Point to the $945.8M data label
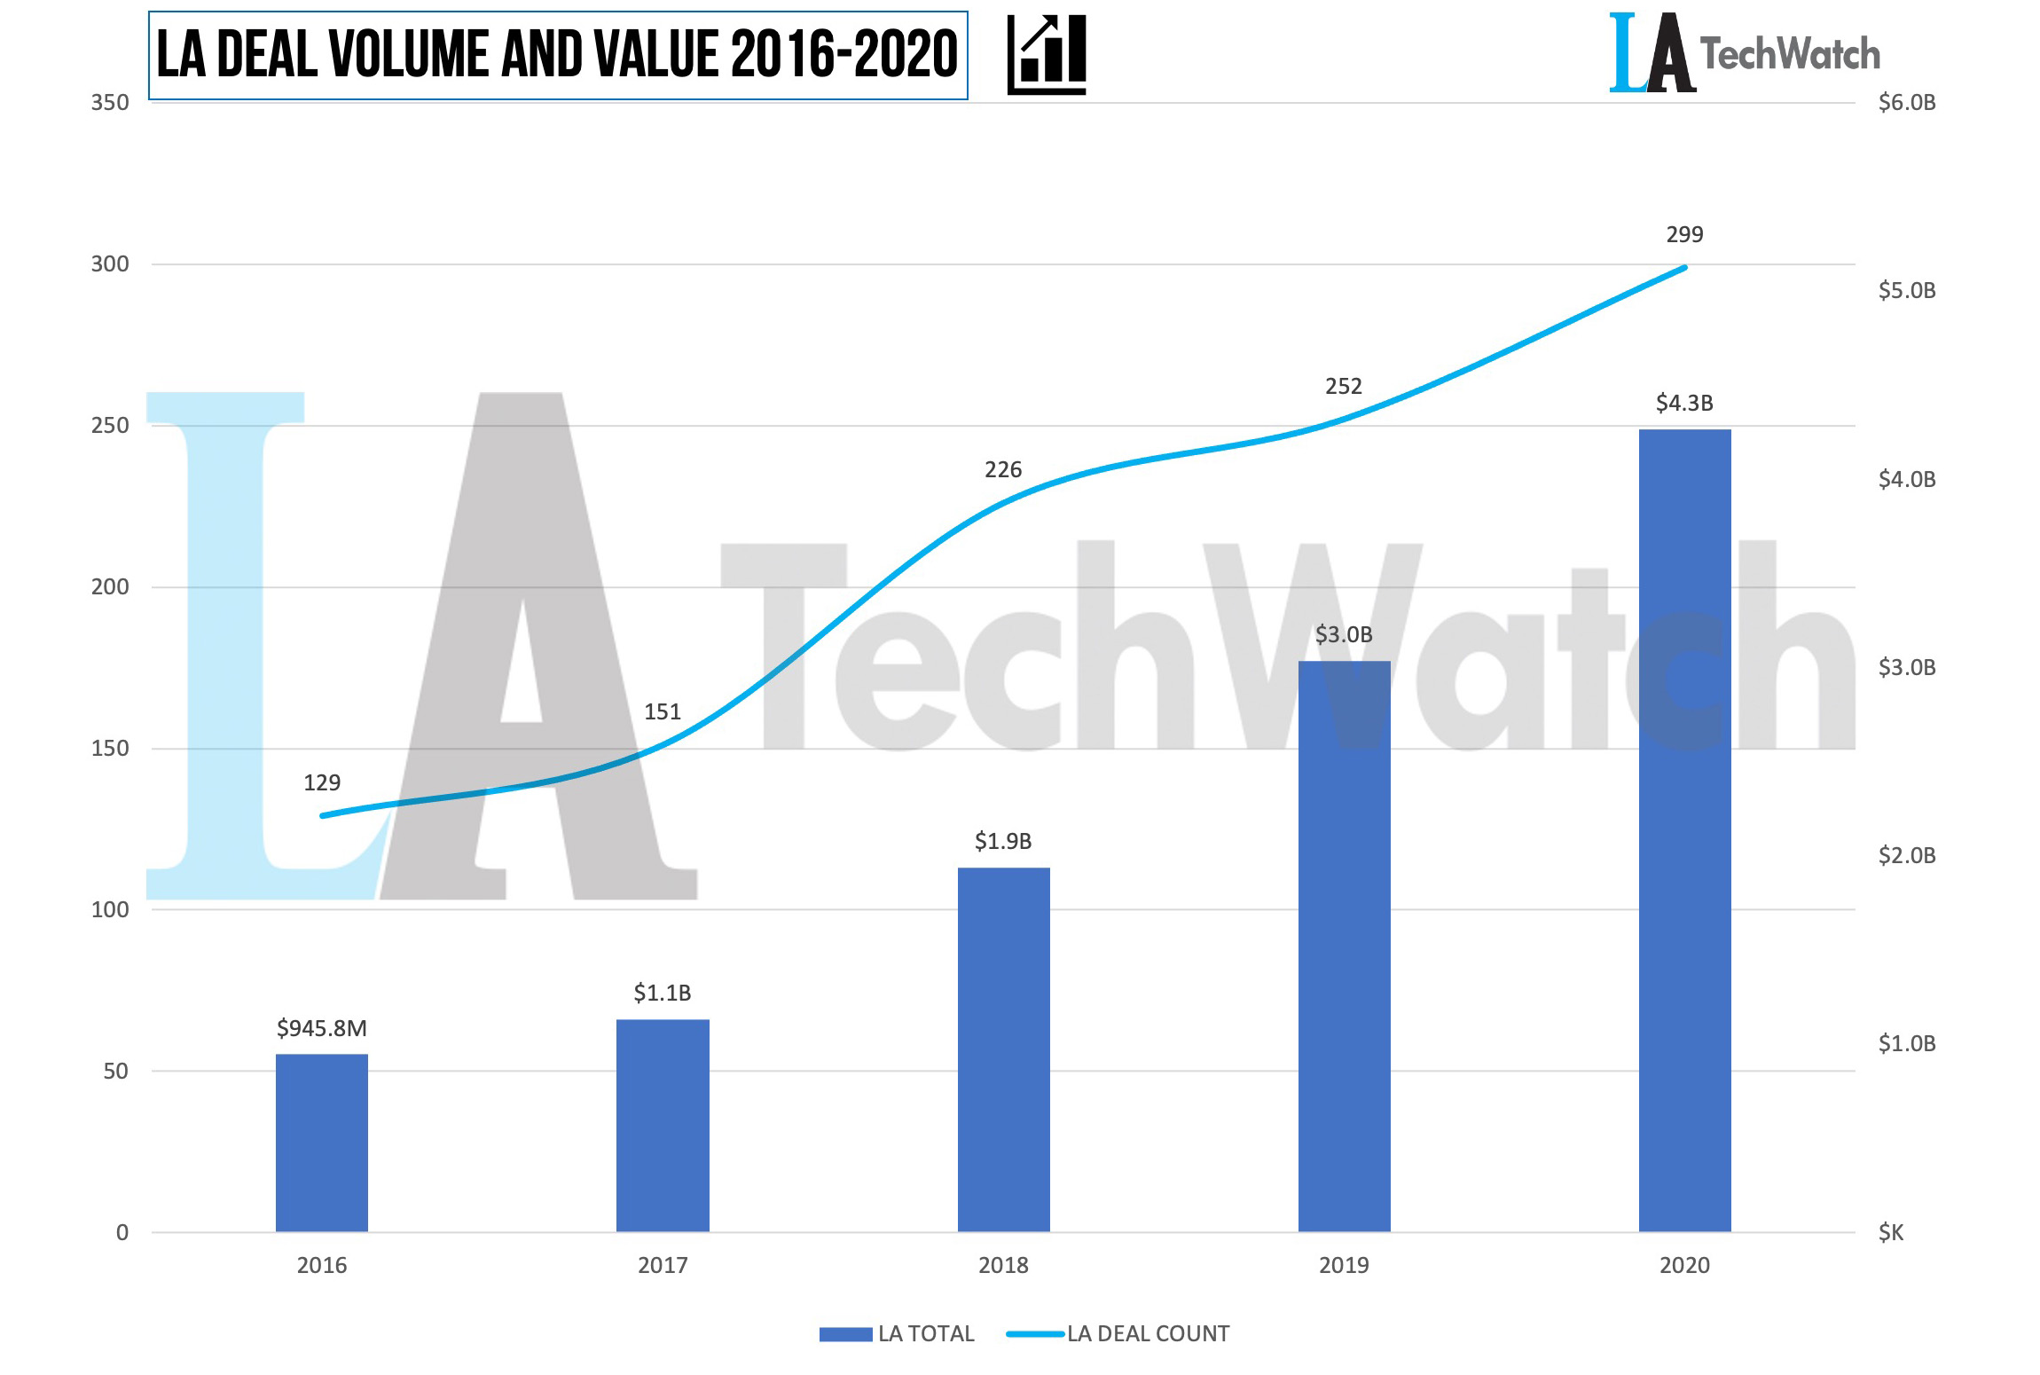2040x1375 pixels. point(321,1028)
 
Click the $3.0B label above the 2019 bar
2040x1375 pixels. point(1344,634)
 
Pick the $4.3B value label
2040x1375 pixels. point(1684,403)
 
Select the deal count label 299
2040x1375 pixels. point(1684,234)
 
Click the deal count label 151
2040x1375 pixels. point(662,711)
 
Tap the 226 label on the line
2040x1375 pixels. point(1003,469)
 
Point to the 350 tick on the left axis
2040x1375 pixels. point(110,102)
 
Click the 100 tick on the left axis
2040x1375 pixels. point(110,909)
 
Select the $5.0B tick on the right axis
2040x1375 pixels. point(1907,290)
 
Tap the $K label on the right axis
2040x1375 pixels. point(1891,1232)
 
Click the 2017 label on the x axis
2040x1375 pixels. point(663,1265)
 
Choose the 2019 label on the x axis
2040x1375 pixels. point(1344,1265)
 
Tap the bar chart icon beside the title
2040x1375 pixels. point(1047,54)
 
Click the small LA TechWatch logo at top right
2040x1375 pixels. point(1744,53)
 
